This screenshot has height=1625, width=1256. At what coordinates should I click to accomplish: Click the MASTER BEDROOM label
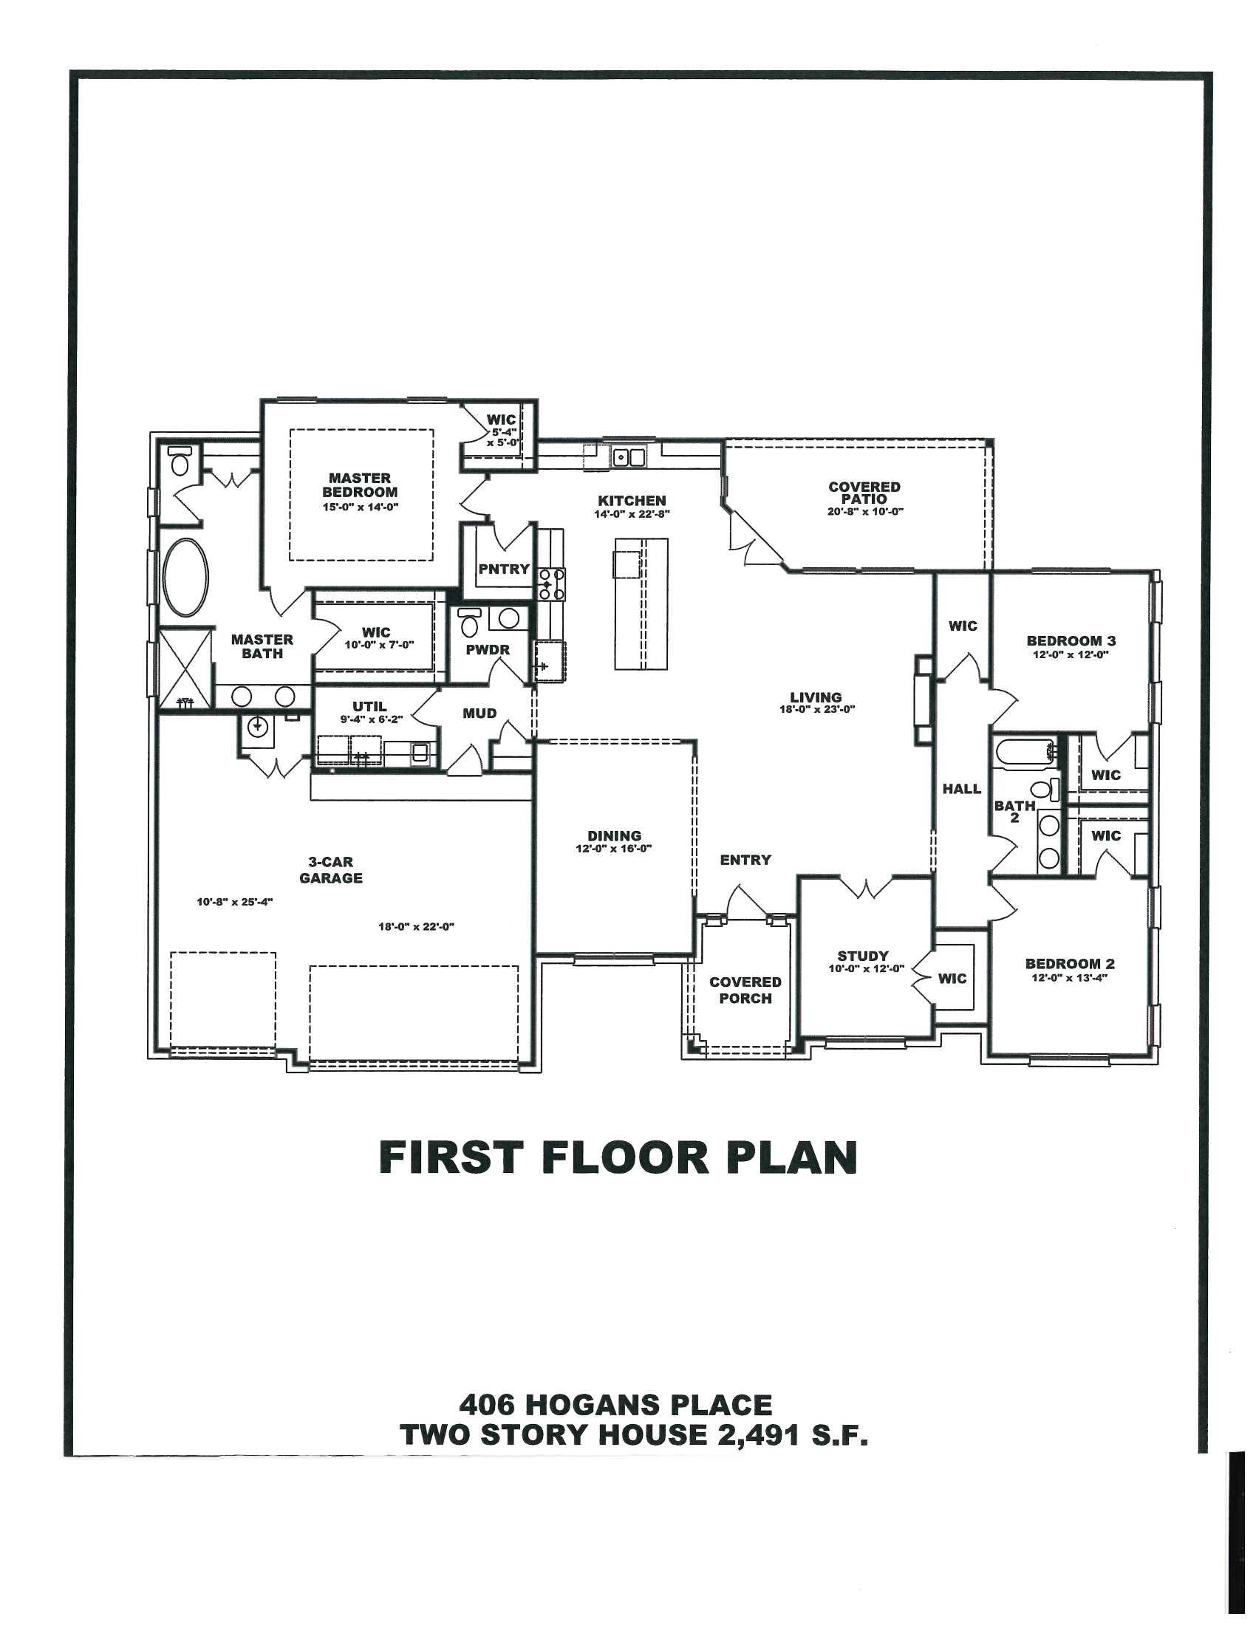pos(359,485)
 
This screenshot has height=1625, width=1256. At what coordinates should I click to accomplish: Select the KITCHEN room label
pos(632,501)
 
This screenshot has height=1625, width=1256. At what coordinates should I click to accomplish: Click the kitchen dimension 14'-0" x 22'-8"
pos(632,514)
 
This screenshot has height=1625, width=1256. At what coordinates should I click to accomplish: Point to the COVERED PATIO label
pos(864,493)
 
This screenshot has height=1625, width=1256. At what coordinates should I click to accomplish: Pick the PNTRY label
pos(504,569)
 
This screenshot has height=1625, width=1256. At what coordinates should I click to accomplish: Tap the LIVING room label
pos(816,697)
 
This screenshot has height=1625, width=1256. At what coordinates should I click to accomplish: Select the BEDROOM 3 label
pos(1071,640)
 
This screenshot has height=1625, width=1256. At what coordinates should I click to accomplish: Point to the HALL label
pos(961,789)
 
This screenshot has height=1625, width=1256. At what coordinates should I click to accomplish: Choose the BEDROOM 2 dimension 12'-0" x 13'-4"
pos(1070,978)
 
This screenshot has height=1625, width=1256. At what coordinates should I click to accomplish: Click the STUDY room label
pos(863,956)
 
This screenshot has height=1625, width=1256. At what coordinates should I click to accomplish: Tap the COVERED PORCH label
pos(745,991)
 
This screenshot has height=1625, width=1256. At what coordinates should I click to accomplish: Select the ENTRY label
pos(745,860)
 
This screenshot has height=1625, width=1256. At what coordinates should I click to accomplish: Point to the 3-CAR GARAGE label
pos(331,870)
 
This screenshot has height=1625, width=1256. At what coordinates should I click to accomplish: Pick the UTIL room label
pos(370,707)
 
